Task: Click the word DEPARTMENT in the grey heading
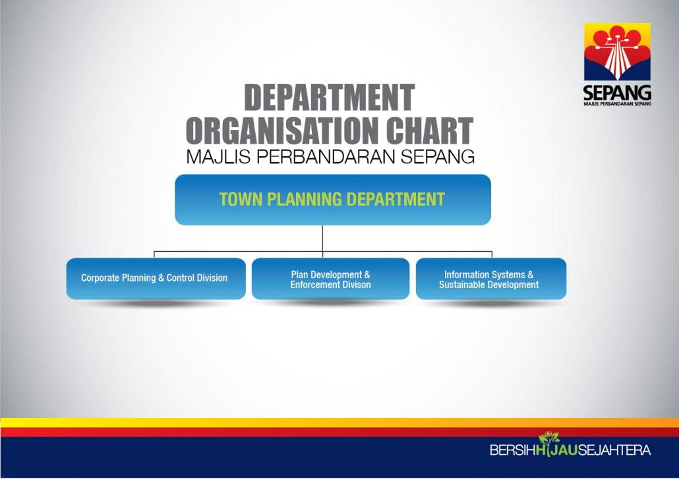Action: (x=330, y=98)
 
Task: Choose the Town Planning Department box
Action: (x=332, y=199)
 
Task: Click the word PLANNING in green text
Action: (x=305, y=199)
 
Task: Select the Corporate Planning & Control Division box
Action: (x=156, y=278)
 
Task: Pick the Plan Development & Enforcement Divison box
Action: (x=330, y=278)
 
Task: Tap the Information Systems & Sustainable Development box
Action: (x=491, y=278)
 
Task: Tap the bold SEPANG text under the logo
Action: (x=617, y=93)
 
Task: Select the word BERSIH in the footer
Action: (x=512, y=450)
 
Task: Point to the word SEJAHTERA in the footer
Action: (x=614, y=450)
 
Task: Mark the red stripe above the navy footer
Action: (x=339, y=432)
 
